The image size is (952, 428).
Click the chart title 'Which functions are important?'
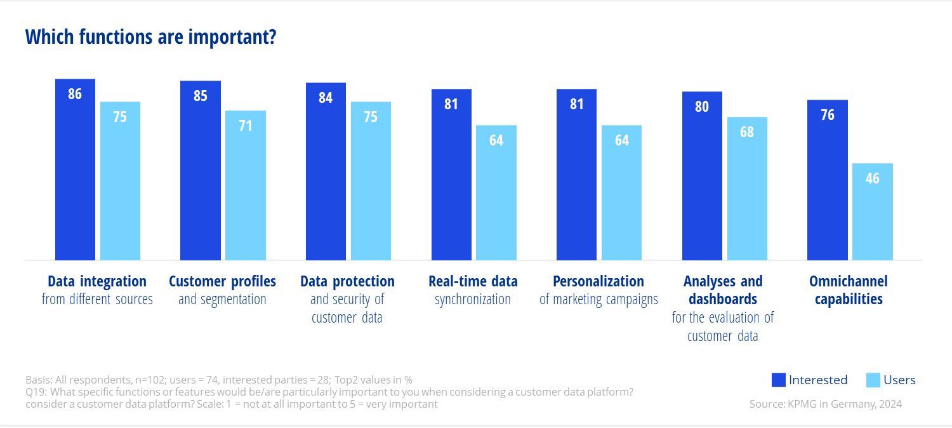150,37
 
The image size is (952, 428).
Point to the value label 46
872,178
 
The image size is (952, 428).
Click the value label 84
326,98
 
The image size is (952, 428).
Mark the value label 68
747,133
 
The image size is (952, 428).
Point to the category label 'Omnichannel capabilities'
848,290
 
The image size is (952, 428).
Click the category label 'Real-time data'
473,281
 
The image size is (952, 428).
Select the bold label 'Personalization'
598,281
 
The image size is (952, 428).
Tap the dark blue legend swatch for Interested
779,380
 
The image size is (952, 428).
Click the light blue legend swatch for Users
873,380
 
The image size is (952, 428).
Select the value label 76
827,116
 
